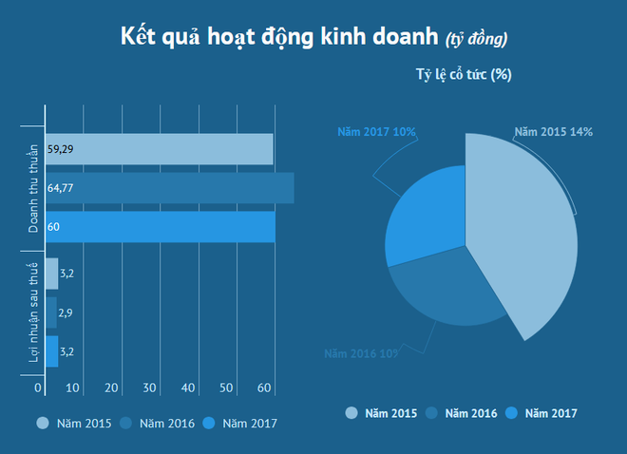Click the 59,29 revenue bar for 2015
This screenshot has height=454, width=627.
pyautogui.click(x=160, y=149)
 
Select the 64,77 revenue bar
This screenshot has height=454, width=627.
pyautogui.click(x=169, y=188)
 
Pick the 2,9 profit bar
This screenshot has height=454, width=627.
pyautogui.click(x=51, y=312)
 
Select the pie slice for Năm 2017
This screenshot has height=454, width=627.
pyautogui.click(x=427, y=214)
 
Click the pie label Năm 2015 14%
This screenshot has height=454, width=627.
pyautogui.click(x=553, y=131)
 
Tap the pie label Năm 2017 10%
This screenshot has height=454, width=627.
pyautogui.click(x=377, y=131)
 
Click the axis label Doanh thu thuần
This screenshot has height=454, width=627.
pyautogui.click(x=32, y=188)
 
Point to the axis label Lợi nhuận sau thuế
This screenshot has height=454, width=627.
pyautogui.click(x=32, y=312)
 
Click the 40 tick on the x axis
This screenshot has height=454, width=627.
pyautogui.click(x=188, y=388)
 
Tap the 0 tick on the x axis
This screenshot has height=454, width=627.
pyautogui.click(x=39, y=388)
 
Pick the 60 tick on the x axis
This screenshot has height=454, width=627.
pyautogui.click(x=265, y=388)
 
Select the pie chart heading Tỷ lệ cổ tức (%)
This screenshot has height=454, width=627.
pyautogui.click(x=464, y=75)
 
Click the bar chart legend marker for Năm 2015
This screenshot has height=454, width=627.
pyautogui.click(x=44, y=423)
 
